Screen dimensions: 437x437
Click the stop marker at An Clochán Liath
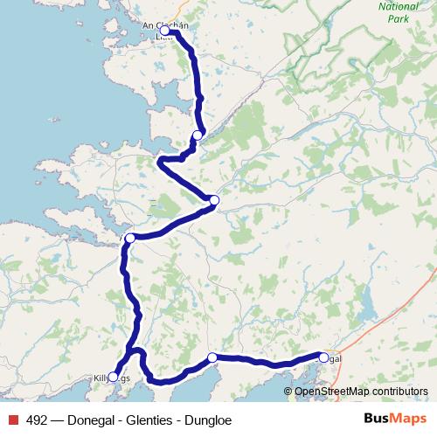164,31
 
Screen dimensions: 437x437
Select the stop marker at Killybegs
113,377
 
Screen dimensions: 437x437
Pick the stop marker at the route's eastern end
323,357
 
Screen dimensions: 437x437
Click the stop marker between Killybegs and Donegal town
212,357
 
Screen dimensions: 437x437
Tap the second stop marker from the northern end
198,135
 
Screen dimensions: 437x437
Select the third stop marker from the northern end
214,200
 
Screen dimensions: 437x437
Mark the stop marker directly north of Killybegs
130,238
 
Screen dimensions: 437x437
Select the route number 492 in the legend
38,420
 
